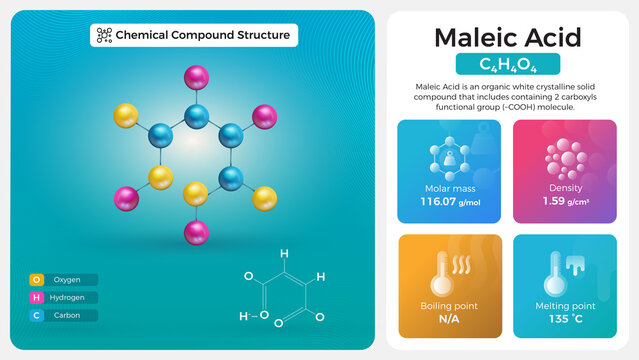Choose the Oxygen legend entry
click(64, 280)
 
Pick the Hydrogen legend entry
click(64, 297)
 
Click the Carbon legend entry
click(64, 315)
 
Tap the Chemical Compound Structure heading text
click(203, 35)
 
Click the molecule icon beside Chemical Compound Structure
click(104, 35)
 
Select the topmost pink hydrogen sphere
click(196, 75)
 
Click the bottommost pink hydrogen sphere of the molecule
click(196, 233)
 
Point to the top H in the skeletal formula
click(284, 254)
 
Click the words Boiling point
click(449, 305)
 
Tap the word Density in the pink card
click(564, 187)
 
